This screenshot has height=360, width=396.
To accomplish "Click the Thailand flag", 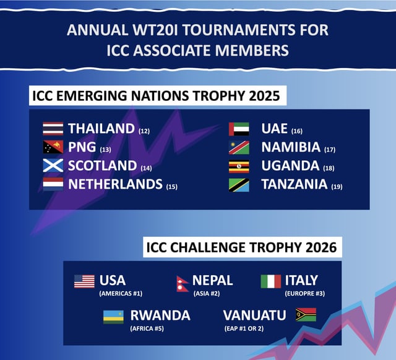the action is tap(53, 129).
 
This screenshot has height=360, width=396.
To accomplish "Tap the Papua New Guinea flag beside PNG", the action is tap(53, 147).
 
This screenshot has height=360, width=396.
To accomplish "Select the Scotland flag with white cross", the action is tap(53, 166).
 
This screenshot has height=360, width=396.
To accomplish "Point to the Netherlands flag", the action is tap(53, 184).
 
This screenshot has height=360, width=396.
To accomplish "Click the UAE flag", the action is tap(239, 129).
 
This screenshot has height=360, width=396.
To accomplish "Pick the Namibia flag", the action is tap(239, 147).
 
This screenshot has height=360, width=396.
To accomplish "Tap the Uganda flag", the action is tap(239, 166).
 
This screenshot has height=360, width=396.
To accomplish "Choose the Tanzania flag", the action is tap(239, 185).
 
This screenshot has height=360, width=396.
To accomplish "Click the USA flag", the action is tap(84, 281).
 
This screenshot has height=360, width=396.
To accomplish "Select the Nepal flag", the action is tap(183, 284).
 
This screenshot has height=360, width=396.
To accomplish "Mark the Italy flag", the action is tap(271, 281).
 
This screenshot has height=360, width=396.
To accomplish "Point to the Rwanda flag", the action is tap(113, 317).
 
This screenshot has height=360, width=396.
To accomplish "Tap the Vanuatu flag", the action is tap(306, 315).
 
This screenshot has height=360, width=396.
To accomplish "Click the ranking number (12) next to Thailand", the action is tap(144, 131).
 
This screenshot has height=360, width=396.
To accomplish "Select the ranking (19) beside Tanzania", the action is tap(337, 187).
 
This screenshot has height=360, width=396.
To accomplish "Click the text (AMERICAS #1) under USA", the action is tap(121, 294).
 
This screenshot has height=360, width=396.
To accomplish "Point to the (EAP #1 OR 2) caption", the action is tap(244, 328).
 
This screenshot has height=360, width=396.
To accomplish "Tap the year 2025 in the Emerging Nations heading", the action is tap(264, 96).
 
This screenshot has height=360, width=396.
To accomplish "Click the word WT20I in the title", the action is tap(155, 30).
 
